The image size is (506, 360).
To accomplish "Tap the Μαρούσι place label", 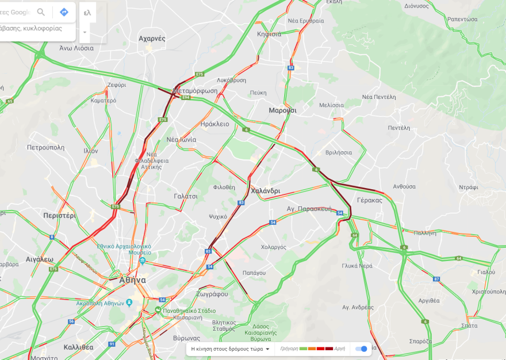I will point(282,110).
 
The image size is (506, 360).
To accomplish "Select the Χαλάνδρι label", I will point(266,191).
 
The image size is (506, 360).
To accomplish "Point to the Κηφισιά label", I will point(269,34).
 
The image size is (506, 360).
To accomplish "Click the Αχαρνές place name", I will point(152,39).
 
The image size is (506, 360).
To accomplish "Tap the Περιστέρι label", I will point(59,216).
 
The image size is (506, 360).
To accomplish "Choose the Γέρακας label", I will point(369,200).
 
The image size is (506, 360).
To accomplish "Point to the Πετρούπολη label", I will point(45,147).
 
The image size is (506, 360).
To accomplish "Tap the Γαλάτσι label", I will point(186,196).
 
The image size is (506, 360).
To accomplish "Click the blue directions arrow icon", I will point(64,12).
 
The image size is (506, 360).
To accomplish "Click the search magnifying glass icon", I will point(41,12).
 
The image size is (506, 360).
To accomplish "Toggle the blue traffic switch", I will point(361,349).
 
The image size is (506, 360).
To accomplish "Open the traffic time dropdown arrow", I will point(267,349).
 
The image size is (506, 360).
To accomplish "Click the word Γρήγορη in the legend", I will point(289,349).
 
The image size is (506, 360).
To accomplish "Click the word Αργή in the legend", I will point(339,349).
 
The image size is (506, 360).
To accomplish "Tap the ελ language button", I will point(87,12).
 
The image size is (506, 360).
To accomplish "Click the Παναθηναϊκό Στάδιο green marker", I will point(157,310).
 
